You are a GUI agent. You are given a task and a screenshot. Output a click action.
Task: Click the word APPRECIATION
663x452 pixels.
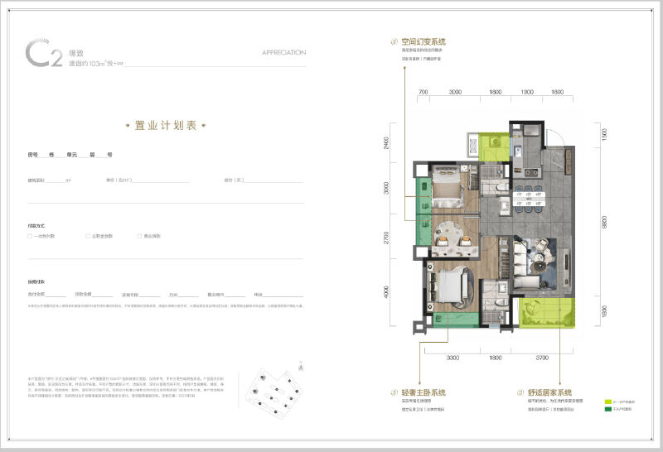(283, 52)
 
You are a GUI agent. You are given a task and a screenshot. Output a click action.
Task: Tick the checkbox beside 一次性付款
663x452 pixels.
(30, 236)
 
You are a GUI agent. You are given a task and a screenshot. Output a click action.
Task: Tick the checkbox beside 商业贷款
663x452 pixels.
(141, 236)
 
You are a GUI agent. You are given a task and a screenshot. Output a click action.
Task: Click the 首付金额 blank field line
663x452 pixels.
(56, 295)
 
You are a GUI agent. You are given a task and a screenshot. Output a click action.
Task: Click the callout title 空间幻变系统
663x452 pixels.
(423, 41)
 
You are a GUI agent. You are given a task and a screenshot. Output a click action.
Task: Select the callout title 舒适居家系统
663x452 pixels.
(551, 392)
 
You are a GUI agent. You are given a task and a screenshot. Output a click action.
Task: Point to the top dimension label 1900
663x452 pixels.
(526, 92)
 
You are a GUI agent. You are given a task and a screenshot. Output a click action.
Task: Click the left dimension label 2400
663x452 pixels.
(387, 142)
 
